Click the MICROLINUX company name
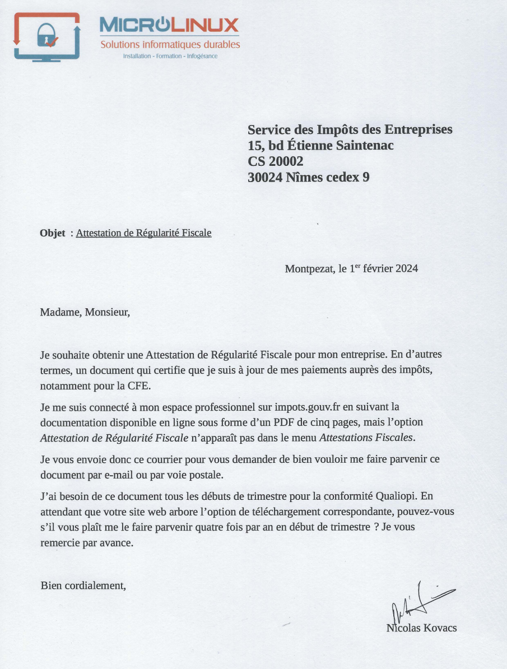pos(169,25)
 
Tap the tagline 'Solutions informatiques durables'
pos(170,44)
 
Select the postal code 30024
pos(265,178)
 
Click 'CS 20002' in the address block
pos(276,161)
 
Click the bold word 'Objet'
pos(53,233)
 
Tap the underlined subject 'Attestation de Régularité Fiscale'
pos(143,233)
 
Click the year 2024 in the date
pos(407,268)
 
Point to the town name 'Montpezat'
pos(309,268)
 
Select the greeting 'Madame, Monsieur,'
pos(85,312)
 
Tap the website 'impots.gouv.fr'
pos(308,406)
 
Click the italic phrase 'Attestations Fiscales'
pos(366,438)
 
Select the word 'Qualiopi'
pos(399,496)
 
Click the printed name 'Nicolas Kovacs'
pos(421,628)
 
